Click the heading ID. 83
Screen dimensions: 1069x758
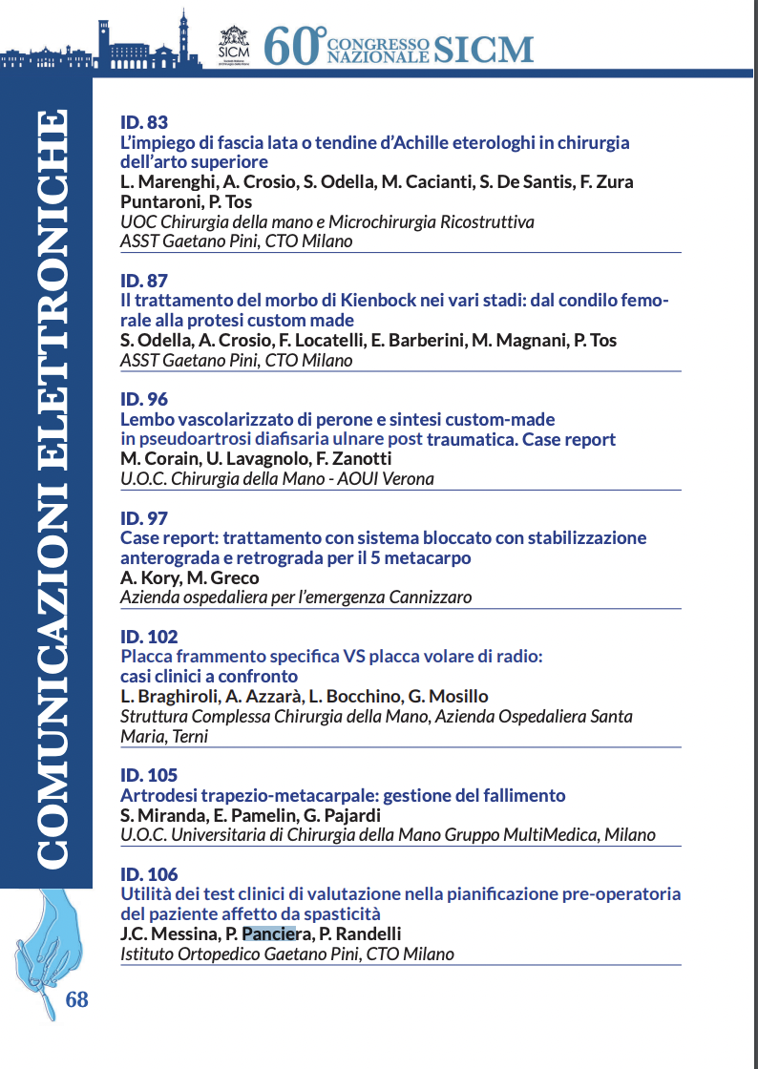click(x=144, y=123)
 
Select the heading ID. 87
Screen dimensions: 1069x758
click(x=144, y=281)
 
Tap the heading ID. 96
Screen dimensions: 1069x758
click(x=144, y=400)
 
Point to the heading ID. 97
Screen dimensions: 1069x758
click(x=144, y=518)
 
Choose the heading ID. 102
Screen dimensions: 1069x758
click(x=149, y=637)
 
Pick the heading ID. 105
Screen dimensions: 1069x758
click(x=149, y=775)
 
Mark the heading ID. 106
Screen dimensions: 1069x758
click(x=149, y=874)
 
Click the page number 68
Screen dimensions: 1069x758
click(x=76, y=999)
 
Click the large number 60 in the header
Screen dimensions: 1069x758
click(x=290, y=45)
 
